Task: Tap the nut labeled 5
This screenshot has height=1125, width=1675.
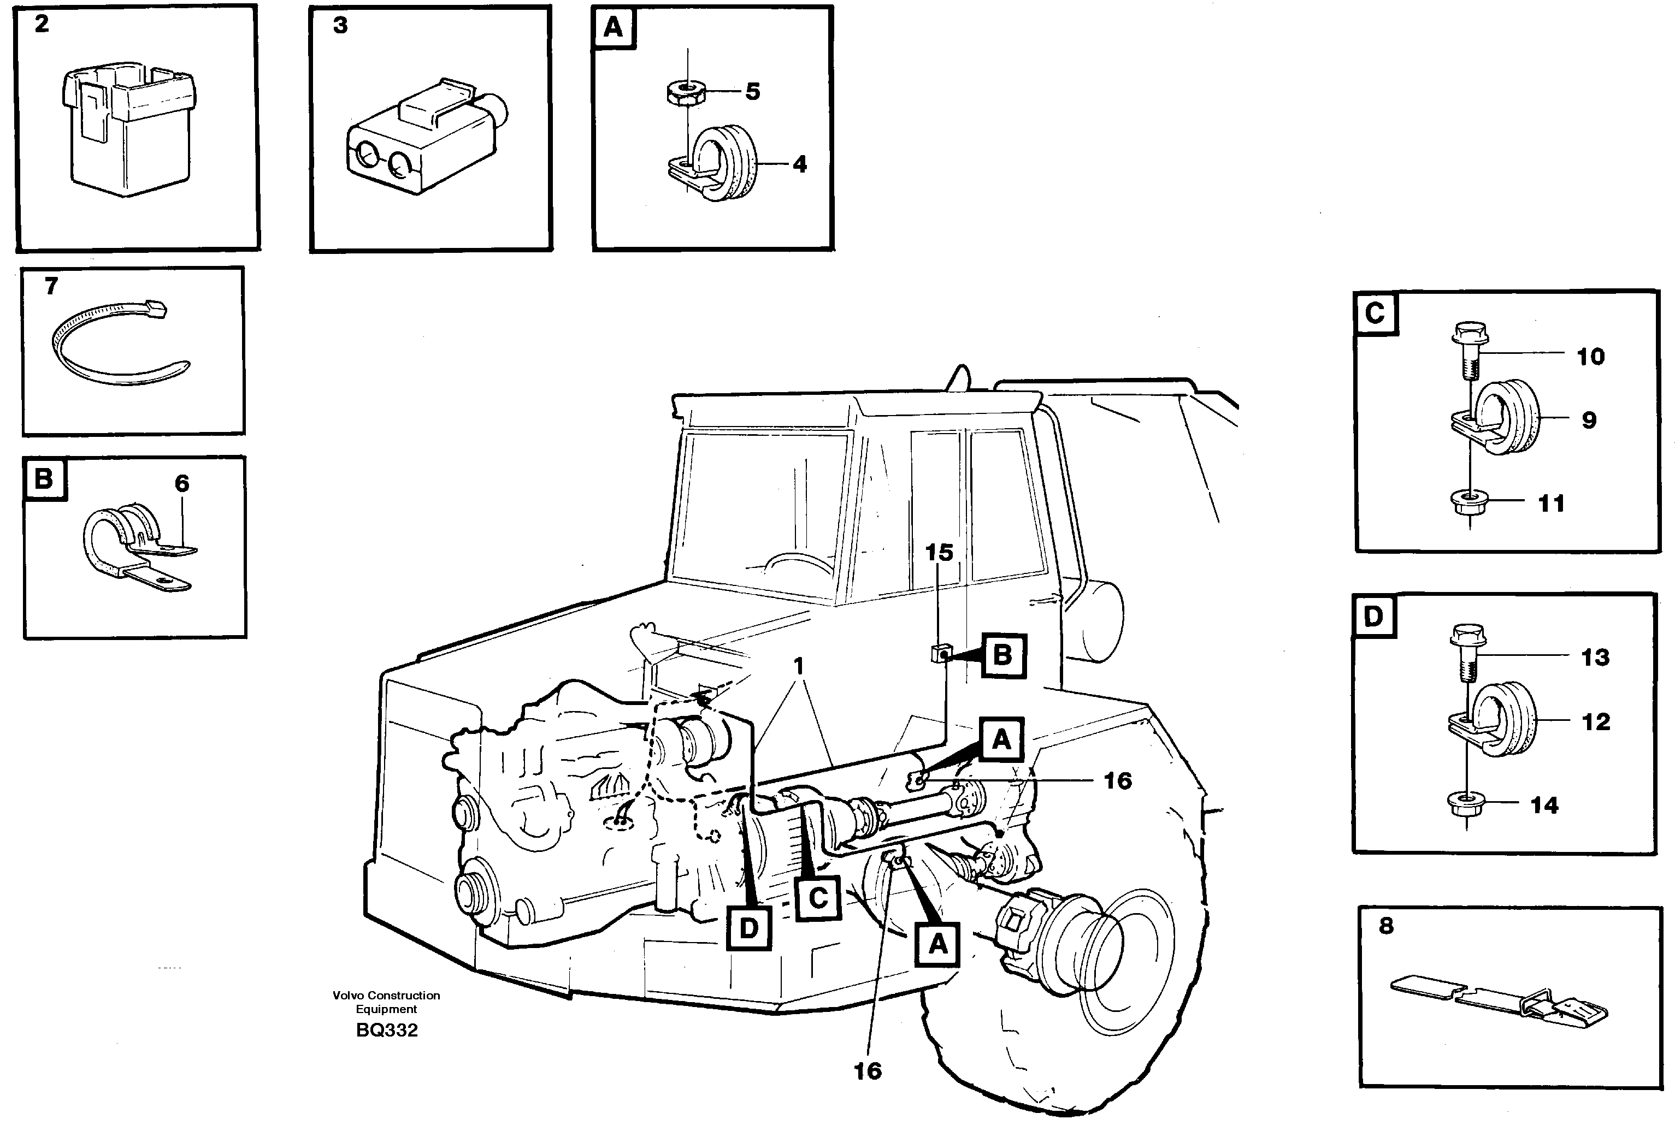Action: pos(686,93)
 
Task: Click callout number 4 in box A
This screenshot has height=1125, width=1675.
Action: pos(799,164)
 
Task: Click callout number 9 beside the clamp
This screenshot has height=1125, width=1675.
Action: pos(1589,420)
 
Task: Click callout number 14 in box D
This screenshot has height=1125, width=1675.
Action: pos(1544,805)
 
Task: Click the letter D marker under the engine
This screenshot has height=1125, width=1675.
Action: pos(748,928)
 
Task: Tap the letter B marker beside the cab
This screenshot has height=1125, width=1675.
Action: pos(1002,655)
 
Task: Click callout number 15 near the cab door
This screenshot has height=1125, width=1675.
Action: pos(939,553)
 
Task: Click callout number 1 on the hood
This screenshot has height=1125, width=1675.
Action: pos(799,666)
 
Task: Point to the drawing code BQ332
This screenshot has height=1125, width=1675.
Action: pos(386,1031)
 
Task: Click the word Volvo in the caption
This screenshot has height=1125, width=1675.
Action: pos(347,995)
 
